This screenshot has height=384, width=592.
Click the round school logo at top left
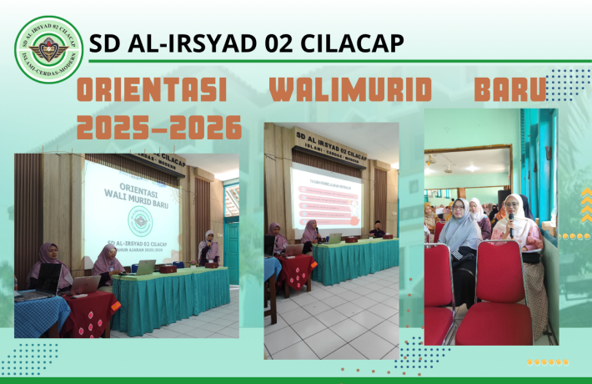48,49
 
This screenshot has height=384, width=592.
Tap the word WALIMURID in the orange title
349,91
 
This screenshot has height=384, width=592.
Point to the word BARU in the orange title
509,91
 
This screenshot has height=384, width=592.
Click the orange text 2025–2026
158,128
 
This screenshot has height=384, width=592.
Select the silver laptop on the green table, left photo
146,267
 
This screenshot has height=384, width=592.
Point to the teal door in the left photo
231,250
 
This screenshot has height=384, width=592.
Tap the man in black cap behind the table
377,230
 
